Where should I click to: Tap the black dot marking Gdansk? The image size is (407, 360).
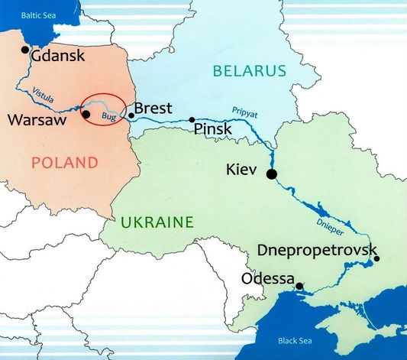[x=25, y=50]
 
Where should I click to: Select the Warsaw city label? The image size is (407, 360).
[x=39, y=120]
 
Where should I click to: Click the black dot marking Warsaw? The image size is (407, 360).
[x=86, y=115]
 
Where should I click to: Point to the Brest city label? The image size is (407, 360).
[x=153, y=108]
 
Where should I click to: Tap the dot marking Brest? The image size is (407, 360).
[x=131, y=115]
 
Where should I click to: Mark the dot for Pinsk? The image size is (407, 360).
[x=192, y=120]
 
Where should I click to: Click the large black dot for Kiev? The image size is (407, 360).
[x=270, y=174]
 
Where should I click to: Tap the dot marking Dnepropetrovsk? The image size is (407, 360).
[x=376, y=258]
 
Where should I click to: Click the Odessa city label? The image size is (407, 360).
[x=267, y=279]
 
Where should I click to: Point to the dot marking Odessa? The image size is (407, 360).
[x=299, y=287]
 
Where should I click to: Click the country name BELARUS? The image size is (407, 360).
[x=249, y=71]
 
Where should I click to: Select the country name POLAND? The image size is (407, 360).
[x=65, y=162]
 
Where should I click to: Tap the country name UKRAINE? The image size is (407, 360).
[x=156, y=222]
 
